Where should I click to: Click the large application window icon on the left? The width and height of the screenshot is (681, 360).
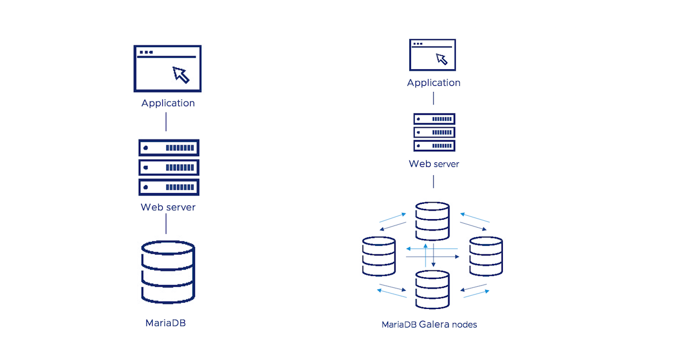point(168,68)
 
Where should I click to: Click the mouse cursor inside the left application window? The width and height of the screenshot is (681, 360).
point(181,74)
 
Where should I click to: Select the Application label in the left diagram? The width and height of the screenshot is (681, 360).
point(168,103)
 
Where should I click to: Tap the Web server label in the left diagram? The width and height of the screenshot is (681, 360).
point(168,207)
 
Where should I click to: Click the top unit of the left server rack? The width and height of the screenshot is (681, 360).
point(169,148)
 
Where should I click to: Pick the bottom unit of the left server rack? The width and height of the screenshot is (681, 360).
point(169,187)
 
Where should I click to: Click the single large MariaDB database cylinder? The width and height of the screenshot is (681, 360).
point(168,273)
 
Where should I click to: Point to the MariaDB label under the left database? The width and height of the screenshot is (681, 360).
point(166,324)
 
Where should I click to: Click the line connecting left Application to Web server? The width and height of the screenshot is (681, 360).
point(166,122)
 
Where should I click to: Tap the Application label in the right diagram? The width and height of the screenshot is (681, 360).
point(434,83)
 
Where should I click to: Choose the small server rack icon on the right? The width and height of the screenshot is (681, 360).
point(434,132)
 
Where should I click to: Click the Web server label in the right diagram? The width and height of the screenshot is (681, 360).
point(434,164)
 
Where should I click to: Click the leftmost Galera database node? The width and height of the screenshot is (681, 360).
point(379,257)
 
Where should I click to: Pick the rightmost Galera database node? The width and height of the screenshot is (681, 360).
point(486,257)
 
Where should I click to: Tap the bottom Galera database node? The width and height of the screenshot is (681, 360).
point(432,290)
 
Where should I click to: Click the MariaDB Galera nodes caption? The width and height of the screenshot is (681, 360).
point(429,325)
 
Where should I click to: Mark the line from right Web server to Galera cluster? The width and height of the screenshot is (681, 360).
point(434,182)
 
